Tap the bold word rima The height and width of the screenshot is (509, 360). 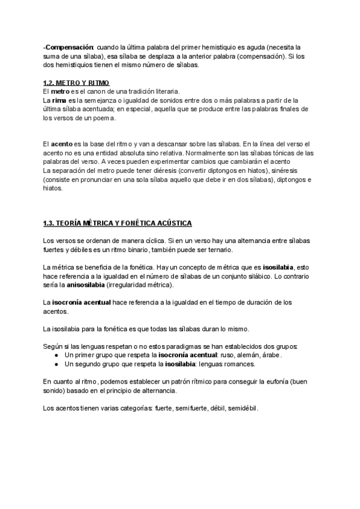pyautogui.click(x=59, y=100)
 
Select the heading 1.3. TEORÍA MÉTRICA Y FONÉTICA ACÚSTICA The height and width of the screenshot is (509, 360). pyautogui.click(x=118, y=224)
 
